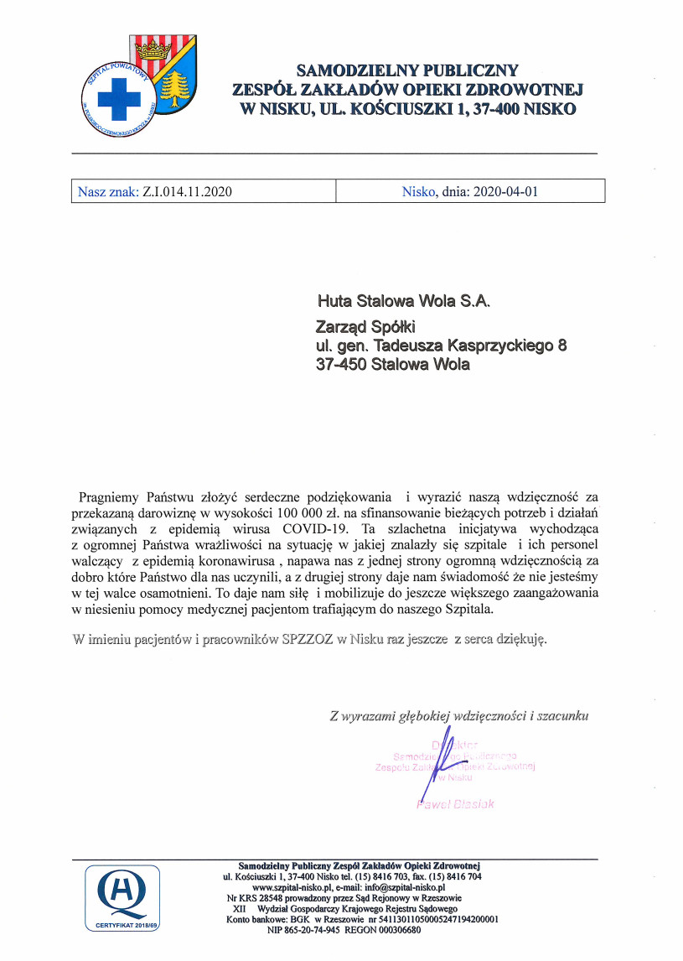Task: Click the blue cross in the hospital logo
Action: [118, 101]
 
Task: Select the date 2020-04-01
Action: [505, 191]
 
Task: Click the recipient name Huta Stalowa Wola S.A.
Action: [402, 300]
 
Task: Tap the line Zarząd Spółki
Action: [365, 325]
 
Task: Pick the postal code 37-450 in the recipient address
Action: [342, 365]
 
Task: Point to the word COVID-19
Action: [316, 529]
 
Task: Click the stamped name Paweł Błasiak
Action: [455, 803]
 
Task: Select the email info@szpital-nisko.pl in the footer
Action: [402, 886]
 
